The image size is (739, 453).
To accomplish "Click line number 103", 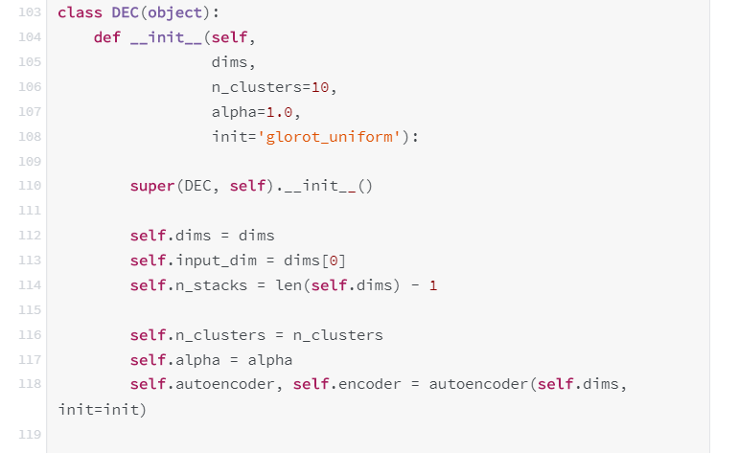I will (30, 12).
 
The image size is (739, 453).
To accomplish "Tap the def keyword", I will (107, 37).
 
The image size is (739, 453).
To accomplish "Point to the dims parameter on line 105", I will (230, 62).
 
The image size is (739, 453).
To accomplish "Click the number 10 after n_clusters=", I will (320, 87).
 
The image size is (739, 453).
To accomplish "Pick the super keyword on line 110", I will (152, 186).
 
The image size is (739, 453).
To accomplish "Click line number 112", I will (30, 235).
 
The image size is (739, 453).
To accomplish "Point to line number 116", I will (30, 334).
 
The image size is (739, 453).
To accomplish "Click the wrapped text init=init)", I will (103, 409).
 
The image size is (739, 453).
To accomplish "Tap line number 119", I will (30, 434).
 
